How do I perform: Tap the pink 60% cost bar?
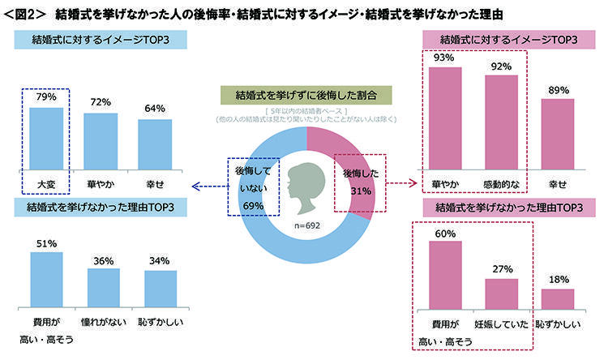point(445,275)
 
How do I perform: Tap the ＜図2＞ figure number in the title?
point(25,14)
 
